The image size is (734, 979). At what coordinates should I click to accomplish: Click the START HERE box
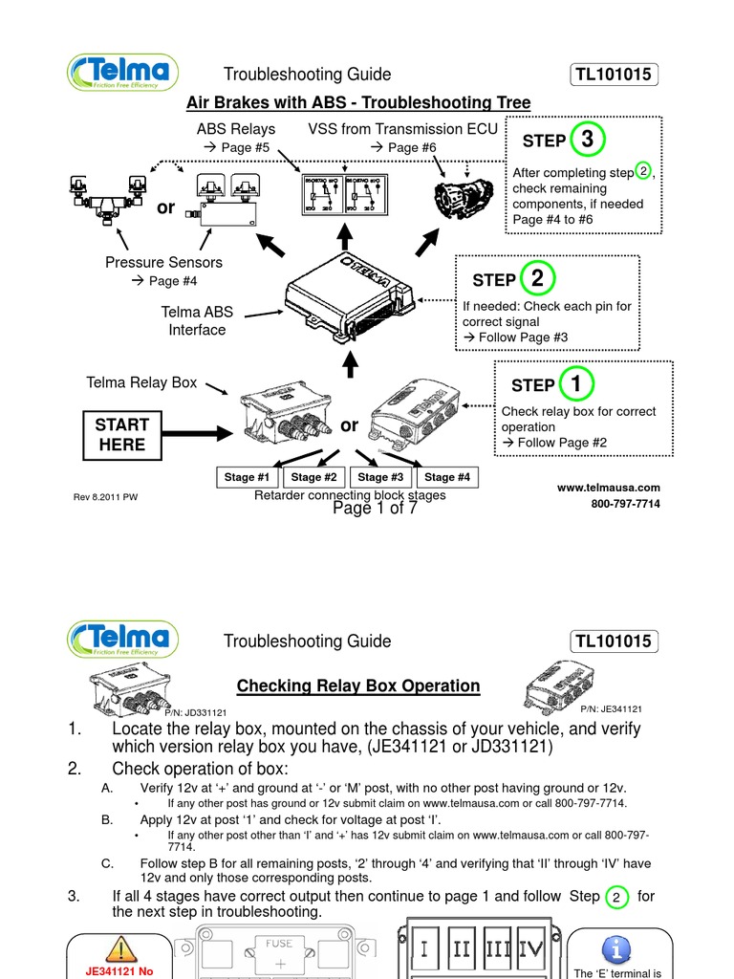coord(122,434)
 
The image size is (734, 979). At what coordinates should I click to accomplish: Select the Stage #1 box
coord(248,477)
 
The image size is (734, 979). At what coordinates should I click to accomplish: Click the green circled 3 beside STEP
coord(587,140)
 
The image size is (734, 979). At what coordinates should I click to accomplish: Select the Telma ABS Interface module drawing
coord(355,296)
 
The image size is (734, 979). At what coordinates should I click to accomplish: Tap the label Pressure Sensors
coord(163,262)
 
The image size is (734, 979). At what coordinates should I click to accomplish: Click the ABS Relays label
coord(235,128)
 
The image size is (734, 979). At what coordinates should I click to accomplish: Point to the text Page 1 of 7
coord(375,509)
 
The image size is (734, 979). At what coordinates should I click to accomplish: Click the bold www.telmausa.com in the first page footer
coord(608,488)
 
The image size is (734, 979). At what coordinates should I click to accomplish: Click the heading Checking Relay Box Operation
coord(358,685)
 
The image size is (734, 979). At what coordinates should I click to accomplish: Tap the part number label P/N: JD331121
coord(195,712)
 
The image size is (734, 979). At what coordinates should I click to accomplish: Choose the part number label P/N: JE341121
coord(610,708)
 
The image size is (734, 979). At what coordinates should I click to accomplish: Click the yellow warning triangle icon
coord(119,949)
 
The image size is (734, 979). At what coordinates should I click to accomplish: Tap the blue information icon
coord(615,948)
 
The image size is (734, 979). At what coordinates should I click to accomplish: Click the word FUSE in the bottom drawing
coord(279,943)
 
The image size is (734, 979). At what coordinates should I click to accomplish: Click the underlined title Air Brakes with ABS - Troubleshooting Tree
coord(358,102)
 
